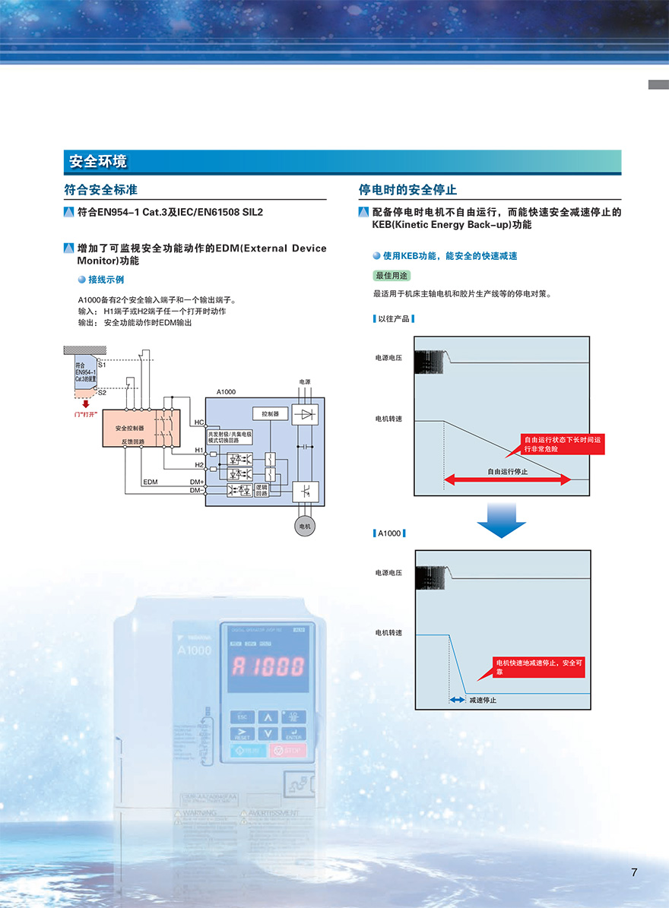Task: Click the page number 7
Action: point(634,872)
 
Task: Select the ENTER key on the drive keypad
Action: point(293,733)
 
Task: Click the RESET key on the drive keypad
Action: point(243,733)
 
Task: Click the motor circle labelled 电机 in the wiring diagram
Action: point(305,526)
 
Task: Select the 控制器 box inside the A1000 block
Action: point(270,414)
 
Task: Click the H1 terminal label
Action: point(198,451)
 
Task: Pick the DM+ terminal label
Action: point(197,482)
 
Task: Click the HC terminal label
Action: point(198,422)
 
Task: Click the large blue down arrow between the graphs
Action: point(501,519)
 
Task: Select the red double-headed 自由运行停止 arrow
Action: point(507,479)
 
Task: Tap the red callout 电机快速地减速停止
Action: point(538,667)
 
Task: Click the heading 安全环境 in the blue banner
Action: point(98,161)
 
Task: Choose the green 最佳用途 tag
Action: point(392,275)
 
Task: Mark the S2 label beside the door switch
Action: point(102,392)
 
